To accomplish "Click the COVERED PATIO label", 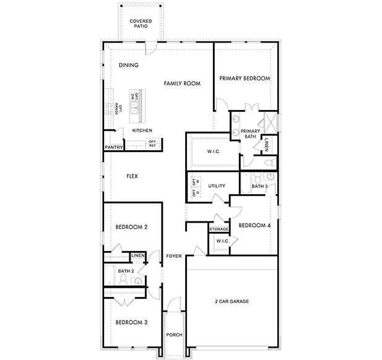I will click(141, 24).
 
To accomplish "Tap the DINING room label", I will click(128, 65).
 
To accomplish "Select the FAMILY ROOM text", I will click(182, 83).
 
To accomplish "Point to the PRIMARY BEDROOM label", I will click(245, 79).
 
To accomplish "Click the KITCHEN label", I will click(142, 131).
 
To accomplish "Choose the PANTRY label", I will click(113, 147).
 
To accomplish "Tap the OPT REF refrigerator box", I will click(152, 144).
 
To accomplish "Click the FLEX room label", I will click(132, 176).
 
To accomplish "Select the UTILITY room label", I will click(216, 186).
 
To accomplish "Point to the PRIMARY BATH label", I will click(250, 134).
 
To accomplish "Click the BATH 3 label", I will click(259, 186).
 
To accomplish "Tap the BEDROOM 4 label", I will click(254, 225).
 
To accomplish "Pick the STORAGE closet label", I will click(219, 229).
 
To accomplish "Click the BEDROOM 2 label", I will click(131, 227).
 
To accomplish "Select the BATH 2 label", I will click(126, 271).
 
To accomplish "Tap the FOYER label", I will click(174, 255).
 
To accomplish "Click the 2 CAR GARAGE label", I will click(232, 301).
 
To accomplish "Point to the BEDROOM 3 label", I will click(131, 322).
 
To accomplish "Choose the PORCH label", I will click(174, 335).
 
